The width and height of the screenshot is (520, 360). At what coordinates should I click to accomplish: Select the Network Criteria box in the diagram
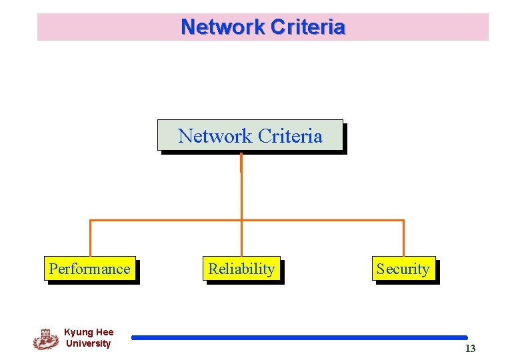pos(251,135)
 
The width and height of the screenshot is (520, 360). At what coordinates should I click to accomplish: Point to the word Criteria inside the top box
pos(289,136)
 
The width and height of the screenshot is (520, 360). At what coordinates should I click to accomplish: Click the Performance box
pos(90,269)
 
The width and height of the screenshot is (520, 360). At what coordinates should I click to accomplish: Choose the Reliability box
pos(241,269)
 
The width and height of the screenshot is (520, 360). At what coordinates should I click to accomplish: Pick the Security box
pos(403,269)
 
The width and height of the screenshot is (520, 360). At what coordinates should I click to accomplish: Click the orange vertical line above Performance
pos(90,238)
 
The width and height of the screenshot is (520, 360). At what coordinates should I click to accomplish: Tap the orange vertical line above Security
pos(403,238)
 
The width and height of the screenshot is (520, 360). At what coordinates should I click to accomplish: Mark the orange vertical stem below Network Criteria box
pos(241,187)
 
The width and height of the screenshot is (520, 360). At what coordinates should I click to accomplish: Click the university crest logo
pos(45,339)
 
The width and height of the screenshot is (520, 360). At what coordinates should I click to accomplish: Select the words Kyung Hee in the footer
pos(89,332)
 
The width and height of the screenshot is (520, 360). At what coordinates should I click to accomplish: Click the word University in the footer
pos(89,343)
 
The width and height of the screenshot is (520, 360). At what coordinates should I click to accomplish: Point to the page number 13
pos(470,349)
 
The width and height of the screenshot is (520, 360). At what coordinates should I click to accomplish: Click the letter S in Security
pos(381,269)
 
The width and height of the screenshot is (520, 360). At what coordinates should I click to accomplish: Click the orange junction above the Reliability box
pos(241,220)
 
